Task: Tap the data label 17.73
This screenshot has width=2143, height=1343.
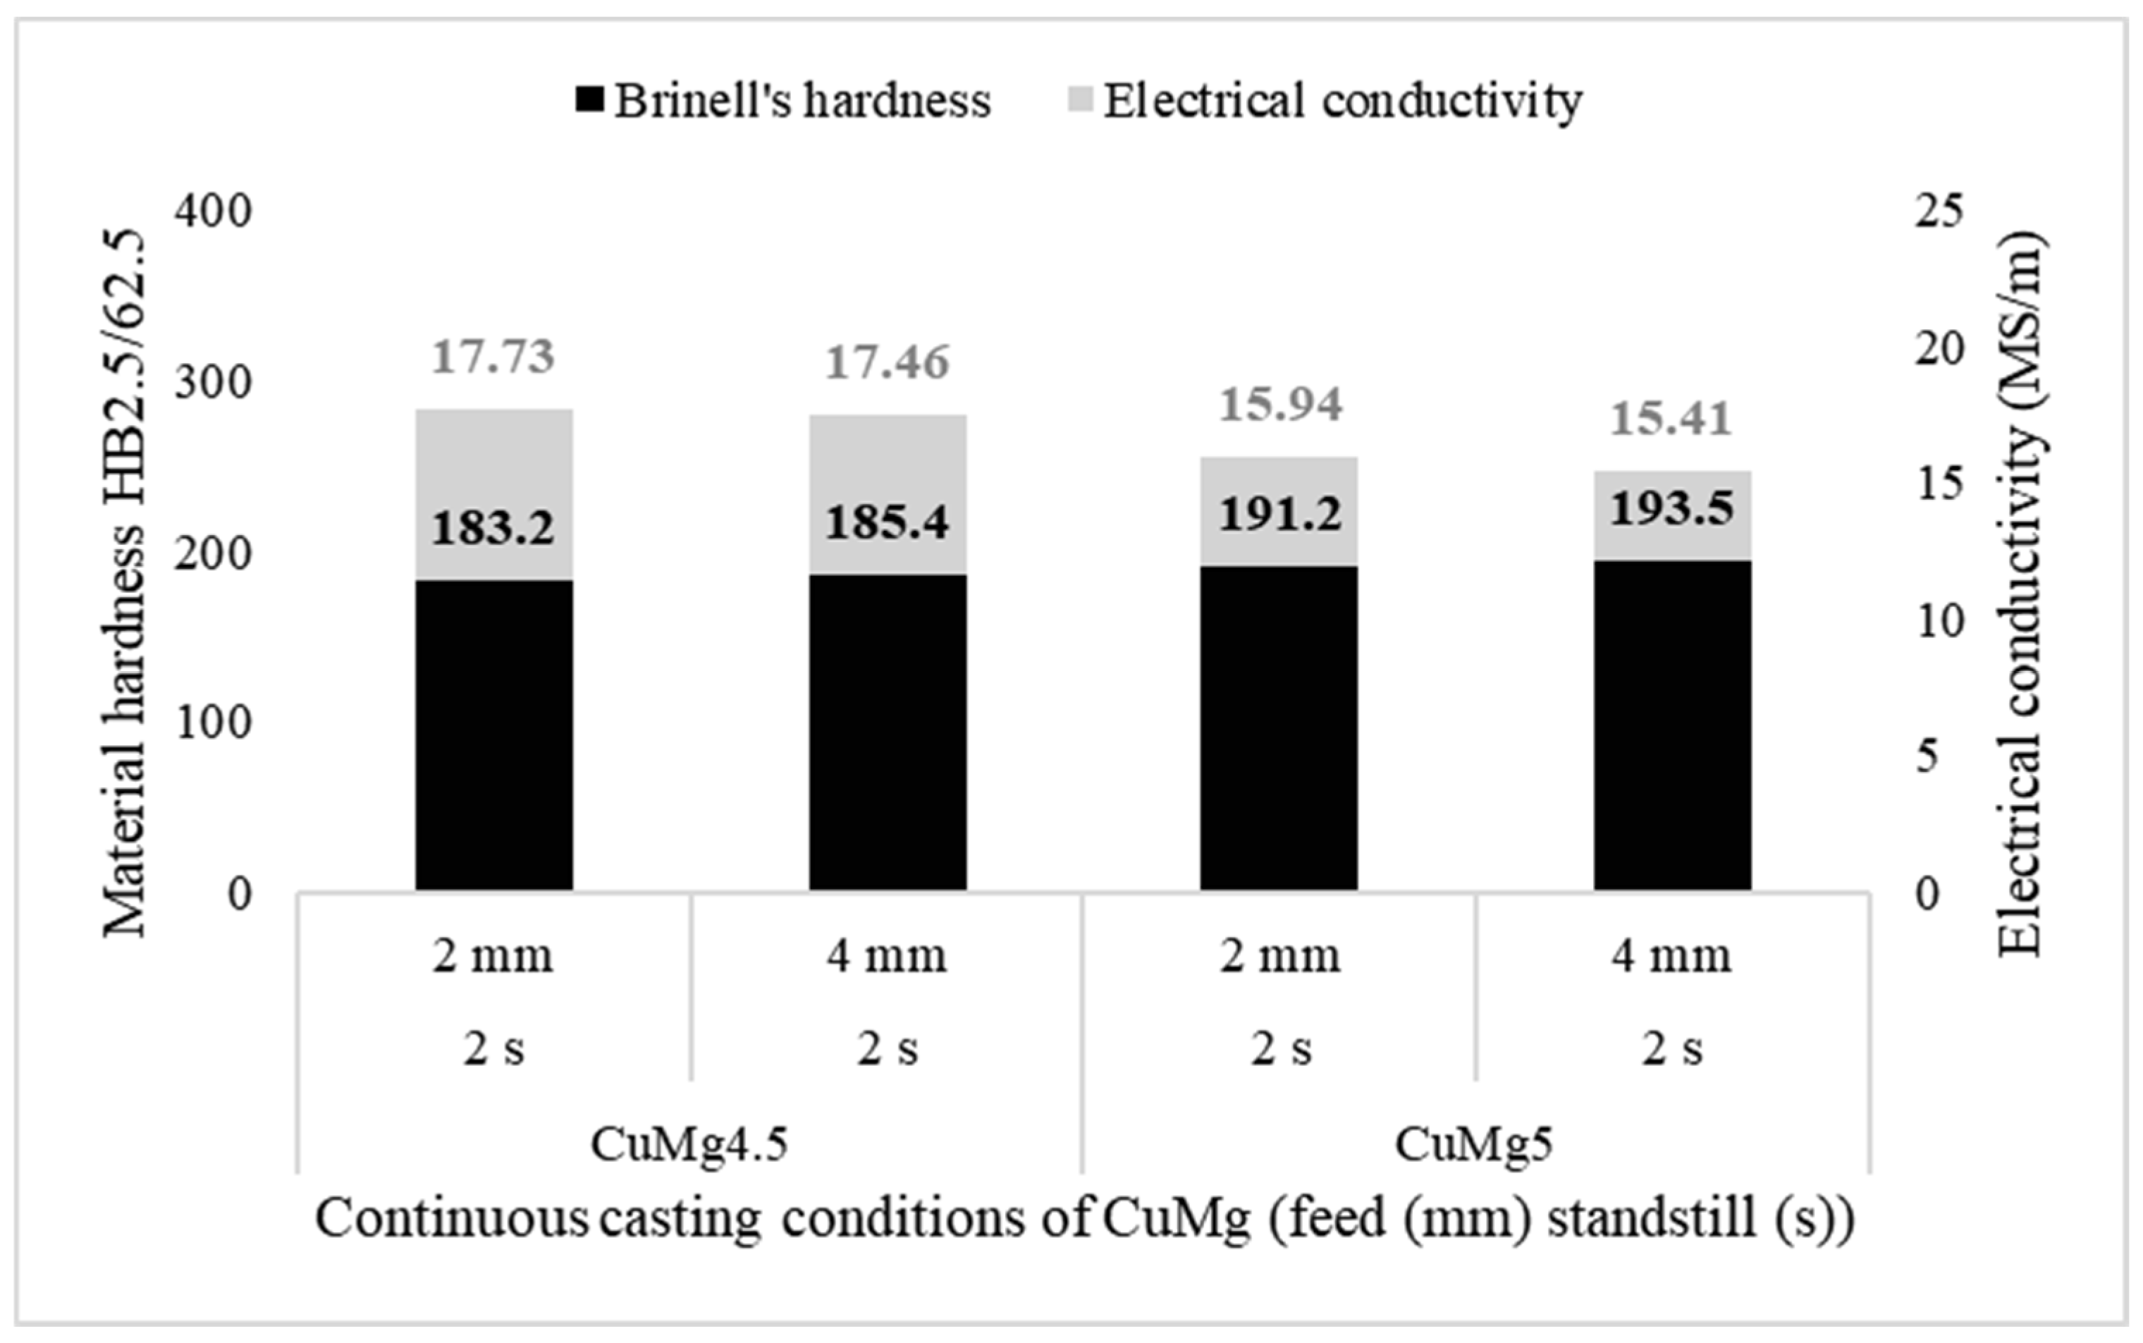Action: [x=493, y=357]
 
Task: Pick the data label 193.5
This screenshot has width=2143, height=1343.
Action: [x=1671, y=509]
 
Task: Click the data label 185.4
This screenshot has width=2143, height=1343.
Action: [x=888, y=522]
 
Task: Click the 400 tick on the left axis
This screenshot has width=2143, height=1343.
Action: [x=213, y=211]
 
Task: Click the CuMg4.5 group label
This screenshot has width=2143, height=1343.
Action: [x=689, y=1144]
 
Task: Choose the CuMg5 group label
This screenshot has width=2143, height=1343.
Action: [x=1474, y=1144]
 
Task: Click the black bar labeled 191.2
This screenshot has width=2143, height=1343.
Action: [x=1279, y=728]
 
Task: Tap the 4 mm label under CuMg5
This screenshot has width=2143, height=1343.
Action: [x=1671, y=957]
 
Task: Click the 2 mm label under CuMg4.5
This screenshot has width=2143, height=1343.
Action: [x=493, y=957]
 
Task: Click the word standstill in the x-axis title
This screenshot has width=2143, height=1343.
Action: [x=1652, y=1219]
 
